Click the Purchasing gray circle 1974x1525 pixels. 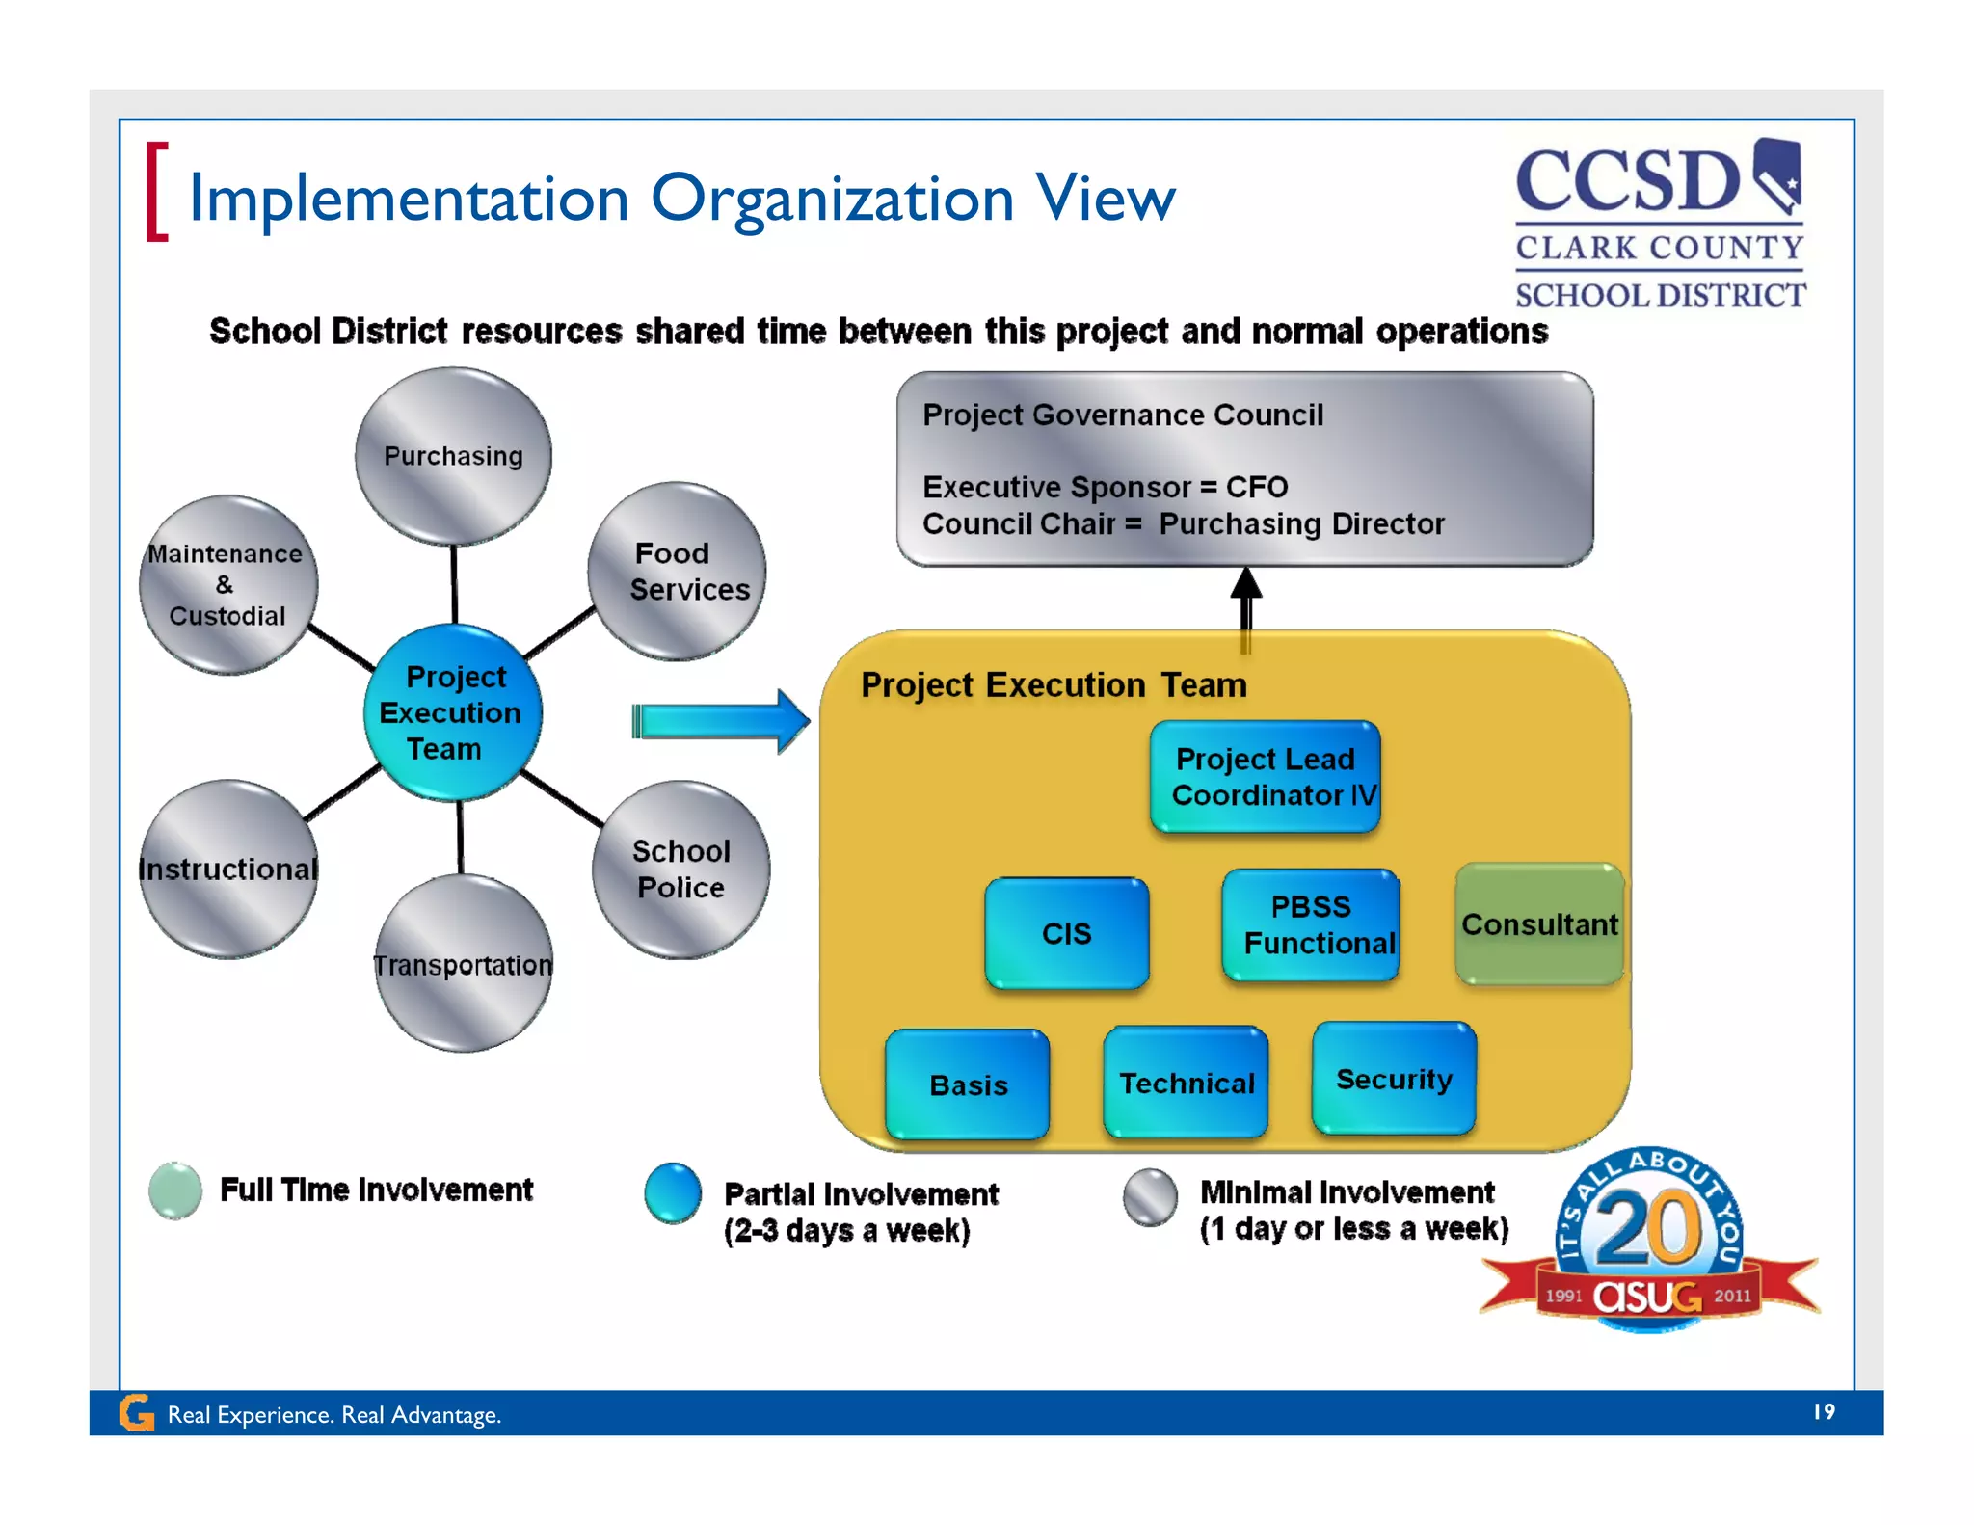(x=453, y=456)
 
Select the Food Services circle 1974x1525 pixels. (x=678, y=572)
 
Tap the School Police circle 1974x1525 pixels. (x=680, y=870)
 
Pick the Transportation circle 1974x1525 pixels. (x=463, y=964)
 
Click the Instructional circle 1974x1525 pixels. (x=228, y=870)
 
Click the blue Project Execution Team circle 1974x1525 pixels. (x=452, y=712)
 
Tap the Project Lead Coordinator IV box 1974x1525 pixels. (x=1266, y=777)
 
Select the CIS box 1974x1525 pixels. (x=1067, y=933)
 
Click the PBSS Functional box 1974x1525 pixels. (x=1311, y=925)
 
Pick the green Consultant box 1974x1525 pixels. (x=1538, y=924)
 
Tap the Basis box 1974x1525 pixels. (x=968, y=1084)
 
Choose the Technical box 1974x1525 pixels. (x=1186, y=1083)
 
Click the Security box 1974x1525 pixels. (x=1394, y=1079)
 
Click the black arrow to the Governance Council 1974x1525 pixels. (x=1246, y=607)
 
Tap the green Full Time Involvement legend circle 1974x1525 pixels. (x=175, y=1191)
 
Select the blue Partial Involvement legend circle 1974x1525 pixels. (x=673, y=1192)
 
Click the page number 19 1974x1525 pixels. (x=1824, y=1411)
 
